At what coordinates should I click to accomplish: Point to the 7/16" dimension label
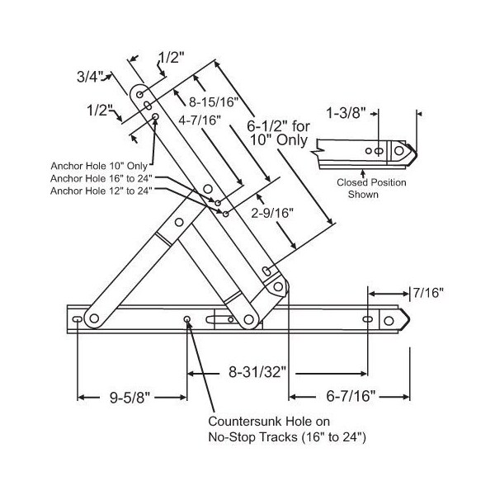[x=429, y=292]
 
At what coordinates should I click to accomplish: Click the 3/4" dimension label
[x=88, y=77]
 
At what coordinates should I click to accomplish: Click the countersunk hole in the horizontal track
[x=188, y=320]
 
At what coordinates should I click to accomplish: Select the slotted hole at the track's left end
[x=77, y=319]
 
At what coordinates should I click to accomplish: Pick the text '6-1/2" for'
[x=278, y=126]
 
